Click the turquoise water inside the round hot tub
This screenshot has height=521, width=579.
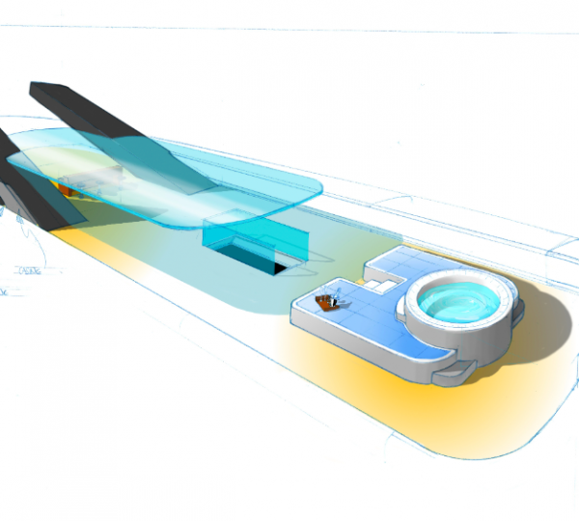pyautogui.click(x=457, y=306)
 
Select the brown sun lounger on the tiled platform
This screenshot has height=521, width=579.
pyautogui.click(x=332, y=303)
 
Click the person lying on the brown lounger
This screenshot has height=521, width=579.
pyautogui.click(x=334, y=300)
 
